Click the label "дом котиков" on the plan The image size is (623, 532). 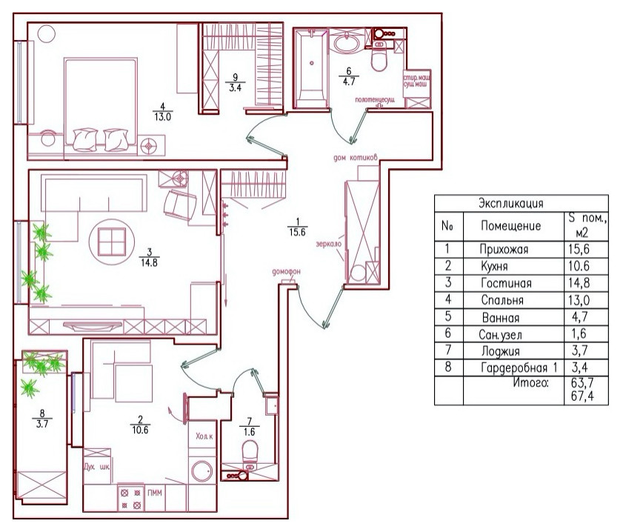(356, 158)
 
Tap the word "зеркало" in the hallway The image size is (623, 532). (328, 243)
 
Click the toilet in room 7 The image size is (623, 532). (250, 451)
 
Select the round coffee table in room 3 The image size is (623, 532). (110, 239)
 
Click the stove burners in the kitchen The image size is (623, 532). (130, 497)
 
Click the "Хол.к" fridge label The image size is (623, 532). (204, 437)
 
